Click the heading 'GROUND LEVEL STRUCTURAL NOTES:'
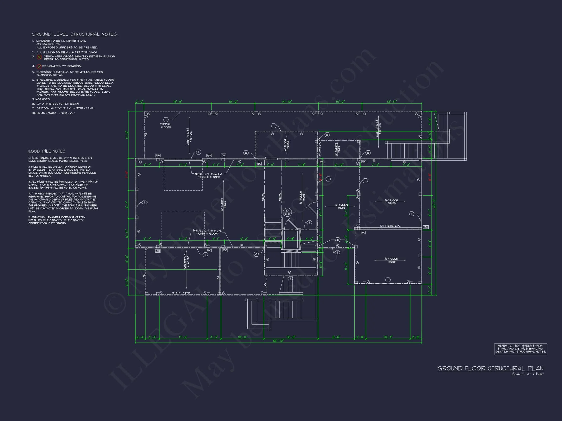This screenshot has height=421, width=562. [x=75, y=34]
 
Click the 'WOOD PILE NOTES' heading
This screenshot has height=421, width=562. [x=47, y=151]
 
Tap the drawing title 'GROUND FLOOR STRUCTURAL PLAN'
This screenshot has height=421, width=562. [x=490, y=368]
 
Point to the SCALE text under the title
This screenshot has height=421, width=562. [x=528, y=374]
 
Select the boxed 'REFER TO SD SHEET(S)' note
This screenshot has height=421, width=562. [x=520, y=349]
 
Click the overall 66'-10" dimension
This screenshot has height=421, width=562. [x=278, y=341]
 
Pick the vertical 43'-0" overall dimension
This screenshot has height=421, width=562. [x=434, y=203]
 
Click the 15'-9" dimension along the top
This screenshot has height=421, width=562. [x=178, y=102]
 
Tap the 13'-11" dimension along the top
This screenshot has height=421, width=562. [x=391, y=102]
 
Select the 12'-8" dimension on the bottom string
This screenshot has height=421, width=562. [x=291, y=337]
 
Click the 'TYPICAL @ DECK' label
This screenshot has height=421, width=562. [x=165, y=126]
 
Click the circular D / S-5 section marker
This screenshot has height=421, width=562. [x=287, y=212]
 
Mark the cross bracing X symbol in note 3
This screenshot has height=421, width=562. [x=39, y=57]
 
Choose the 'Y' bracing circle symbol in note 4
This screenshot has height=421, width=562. [x=39, y=67]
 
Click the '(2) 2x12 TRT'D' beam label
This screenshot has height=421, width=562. [x=181, y=293]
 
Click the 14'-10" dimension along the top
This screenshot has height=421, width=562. [x=287, y=102]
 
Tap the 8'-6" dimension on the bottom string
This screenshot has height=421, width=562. [x=336, y=337]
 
